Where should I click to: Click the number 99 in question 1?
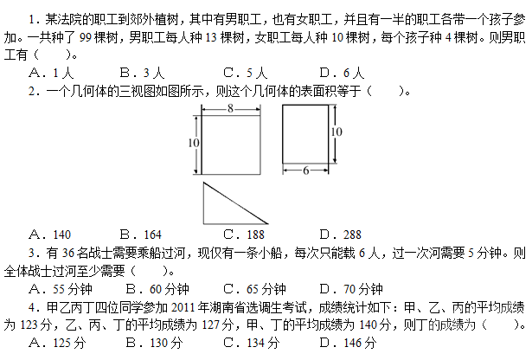point(86,37)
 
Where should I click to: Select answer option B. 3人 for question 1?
point(142,73)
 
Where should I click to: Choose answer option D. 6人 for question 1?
point(342,73)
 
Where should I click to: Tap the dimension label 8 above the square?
point(230,108)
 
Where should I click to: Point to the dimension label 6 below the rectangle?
point(305,170)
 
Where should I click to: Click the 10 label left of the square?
point(194,143)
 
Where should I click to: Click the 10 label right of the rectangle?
point(337,132)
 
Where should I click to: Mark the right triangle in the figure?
point(203,203)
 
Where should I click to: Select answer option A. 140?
point(50,235)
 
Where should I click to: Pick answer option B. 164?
point(141,235)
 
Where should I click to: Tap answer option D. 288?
point(341,235)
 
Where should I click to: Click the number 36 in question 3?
point(68,253)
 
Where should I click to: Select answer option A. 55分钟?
point(61,289)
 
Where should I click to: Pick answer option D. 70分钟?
point(351,289)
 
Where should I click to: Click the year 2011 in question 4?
point(183,307)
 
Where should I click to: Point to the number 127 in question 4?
point(211,325)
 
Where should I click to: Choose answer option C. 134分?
point(252,343)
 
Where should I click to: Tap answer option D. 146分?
point(348,343)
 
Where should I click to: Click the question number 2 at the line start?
point(32,91)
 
